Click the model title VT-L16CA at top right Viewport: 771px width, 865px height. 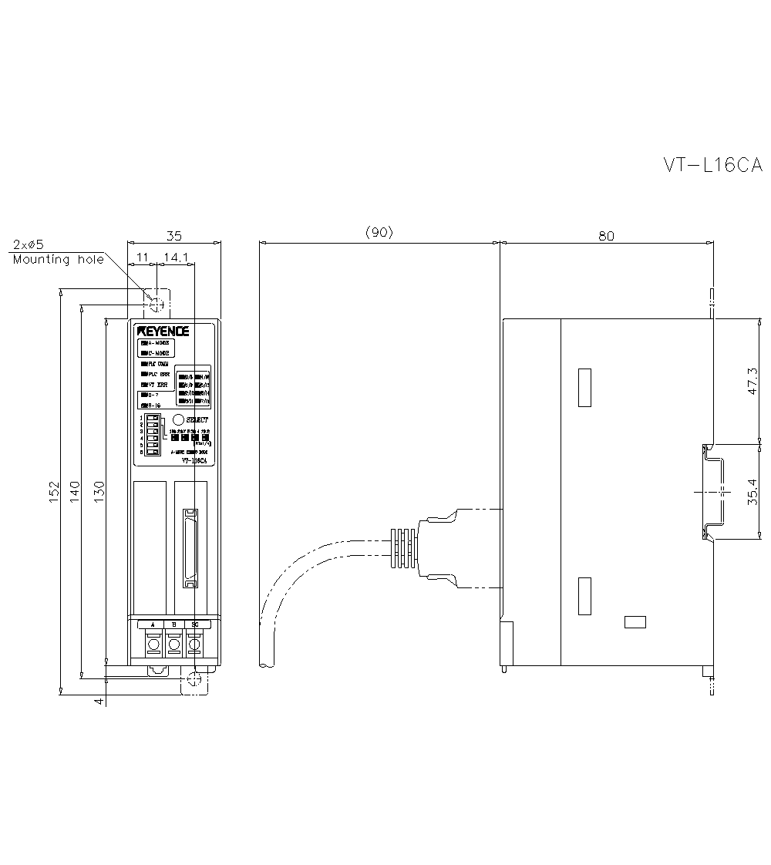712,165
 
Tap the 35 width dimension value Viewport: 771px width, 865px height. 174,236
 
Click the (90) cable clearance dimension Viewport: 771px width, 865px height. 379,233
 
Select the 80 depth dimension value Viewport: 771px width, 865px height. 606,236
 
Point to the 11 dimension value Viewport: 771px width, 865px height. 143,257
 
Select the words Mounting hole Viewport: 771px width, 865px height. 58,260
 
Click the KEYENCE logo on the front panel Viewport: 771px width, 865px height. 163,331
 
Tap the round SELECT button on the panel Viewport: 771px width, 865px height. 177,419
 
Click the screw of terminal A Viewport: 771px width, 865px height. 153,644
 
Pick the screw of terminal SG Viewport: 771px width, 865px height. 195,644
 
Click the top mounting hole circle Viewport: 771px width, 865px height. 157,305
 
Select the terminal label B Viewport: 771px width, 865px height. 174,624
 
